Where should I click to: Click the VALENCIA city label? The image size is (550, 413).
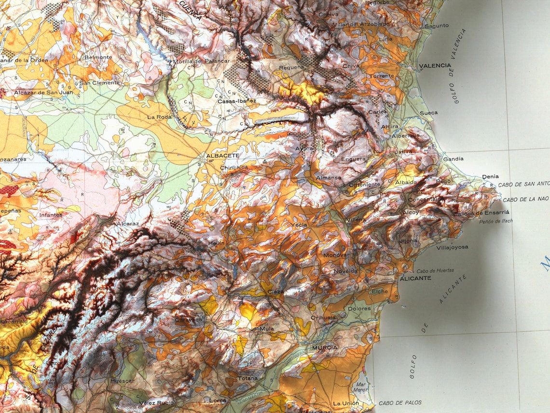435,66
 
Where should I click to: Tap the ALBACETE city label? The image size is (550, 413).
222,156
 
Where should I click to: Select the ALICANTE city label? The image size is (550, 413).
415,279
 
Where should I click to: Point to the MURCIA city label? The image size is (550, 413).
325,348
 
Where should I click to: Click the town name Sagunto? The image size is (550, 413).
436,26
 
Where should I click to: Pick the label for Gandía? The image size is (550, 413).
453,159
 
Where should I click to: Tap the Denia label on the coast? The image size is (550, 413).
490,177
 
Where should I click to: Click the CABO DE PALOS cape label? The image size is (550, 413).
400,403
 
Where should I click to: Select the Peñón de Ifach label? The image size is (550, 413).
496,221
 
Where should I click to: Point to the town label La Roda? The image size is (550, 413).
159,117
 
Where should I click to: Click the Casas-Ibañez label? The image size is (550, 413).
237,101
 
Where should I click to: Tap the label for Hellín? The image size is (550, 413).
216,243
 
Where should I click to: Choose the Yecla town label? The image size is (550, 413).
299,225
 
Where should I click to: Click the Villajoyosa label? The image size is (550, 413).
452,247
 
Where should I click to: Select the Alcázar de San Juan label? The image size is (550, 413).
40,92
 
